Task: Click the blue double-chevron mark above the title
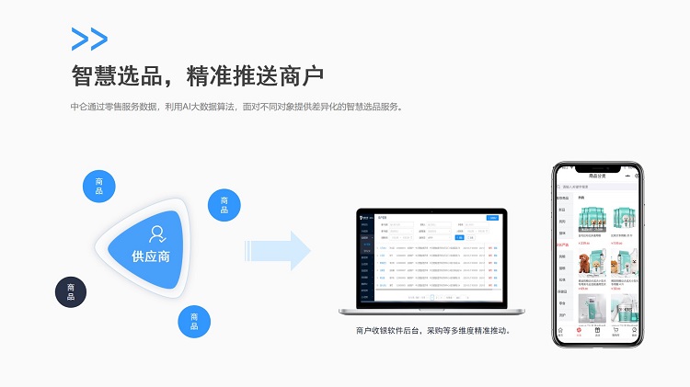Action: [89, 39]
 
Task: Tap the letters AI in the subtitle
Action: [187, 107]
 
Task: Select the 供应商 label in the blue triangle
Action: [151, 256]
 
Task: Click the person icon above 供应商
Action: [157, 233]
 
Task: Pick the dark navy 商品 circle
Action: [71, 292]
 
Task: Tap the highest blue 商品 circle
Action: [99, 186]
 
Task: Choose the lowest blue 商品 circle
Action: [194, 321]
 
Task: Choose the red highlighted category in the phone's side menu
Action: [562, 245]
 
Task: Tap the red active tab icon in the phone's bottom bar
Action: [579, 331]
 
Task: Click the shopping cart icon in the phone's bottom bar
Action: [615, 331]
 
